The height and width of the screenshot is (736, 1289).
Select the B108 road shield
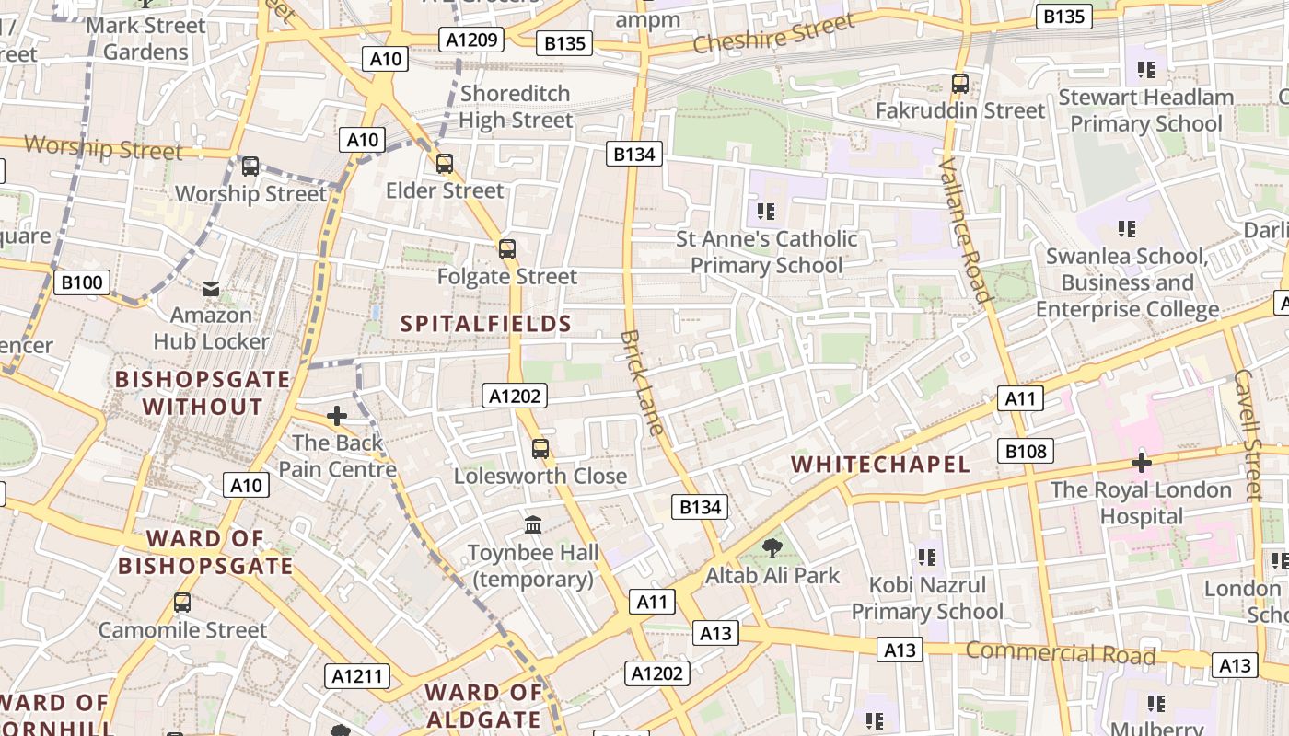coord(1026,451)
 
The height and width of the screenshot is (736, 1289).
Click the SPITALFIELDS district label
coord(486,324)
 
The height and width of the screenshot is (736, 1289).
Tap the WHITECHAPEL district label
coord(881,465)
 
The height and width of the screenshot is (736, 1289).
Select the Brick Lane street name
coord(642,382)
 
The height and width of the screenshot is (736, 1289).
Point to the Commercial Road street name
coord(1060,653)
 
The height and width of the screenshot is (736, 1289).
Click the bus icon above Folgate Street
coord(506,248)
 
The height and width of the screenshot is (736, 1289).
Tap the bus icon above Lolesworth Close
coord(540,449)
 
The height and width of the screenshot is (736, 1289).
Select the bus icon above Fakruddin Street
coord(960,84)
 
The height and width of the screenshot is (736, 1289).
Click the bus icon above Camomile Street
coord(182,603)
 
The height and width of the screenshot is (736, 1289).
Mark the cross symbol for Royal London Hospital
coord(1142,463)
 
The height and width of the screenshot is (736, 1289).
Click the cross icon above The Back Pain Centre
coord(337,416)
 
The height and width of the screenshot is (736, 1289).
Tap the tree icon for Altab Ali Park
coord(772,549)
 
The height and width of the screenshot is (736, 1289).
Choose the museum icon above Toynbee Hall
coord(533,525)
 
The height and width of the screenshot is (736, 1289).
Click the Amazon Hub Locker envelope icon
coord(211,289)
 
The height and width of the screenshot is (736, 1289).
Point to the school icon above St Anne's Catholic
coord(766,213)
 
